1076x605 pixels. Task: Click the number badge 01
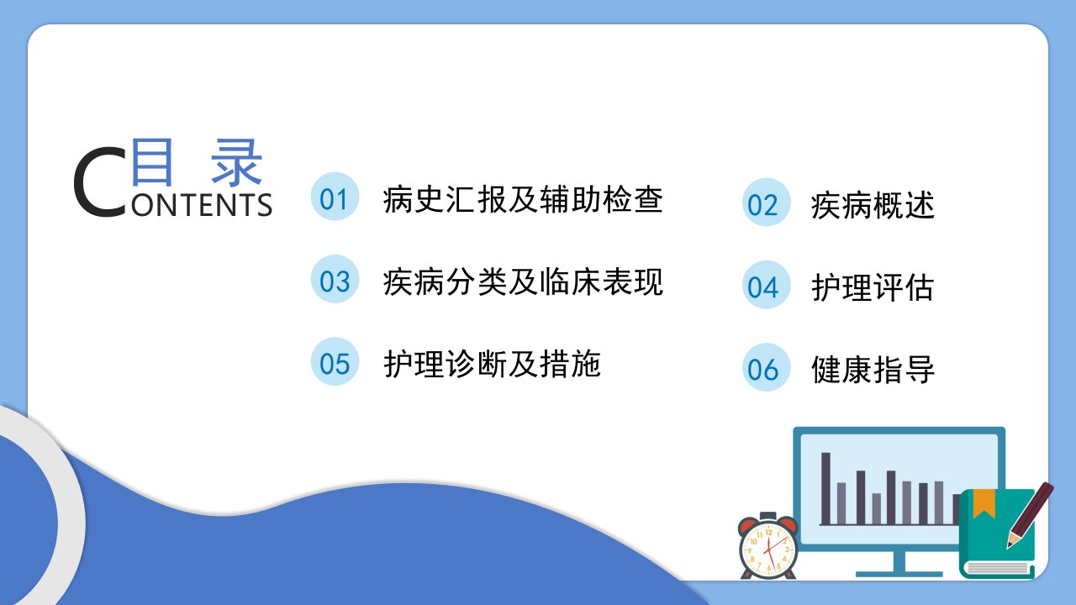[x=335, y=197]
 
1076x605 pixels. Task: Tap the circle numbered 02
[x=766, y=203]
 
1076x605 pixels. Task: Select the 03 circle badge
[x=335, y=279]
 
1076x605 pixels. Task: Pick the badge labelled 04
[x=766, y=285]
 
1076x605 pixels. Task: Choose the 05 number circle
[x=335, y=361]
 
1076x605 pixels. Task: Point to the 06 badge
[x=766, y=367]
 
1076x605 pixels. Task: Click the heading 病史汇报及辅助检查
[x=523, y=199]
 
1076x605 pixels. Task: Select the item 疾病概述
[x=873, y=206]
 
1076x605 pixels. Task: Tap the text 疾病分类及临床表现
[x=523, y=281]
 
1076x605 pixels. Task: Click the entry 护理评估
[x=873, y=287]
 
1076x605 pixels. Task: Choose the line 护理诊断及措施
[x=492, y=364]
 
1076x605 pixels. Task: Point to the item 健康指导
[x=873, y=370]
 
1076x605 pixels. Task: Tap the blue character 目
[x=152, y=162]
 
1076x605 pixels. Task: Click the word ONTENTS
[x=202, y=205]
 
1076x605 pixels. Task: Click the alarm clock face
[x=768, y=550]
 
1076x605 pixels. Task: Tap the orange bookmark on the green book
[x=984, y=503]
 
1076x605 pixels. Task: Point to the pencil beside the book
[x=1031, y=515]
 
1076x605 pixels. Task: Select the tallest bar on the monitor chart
[x=825, y=488]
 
